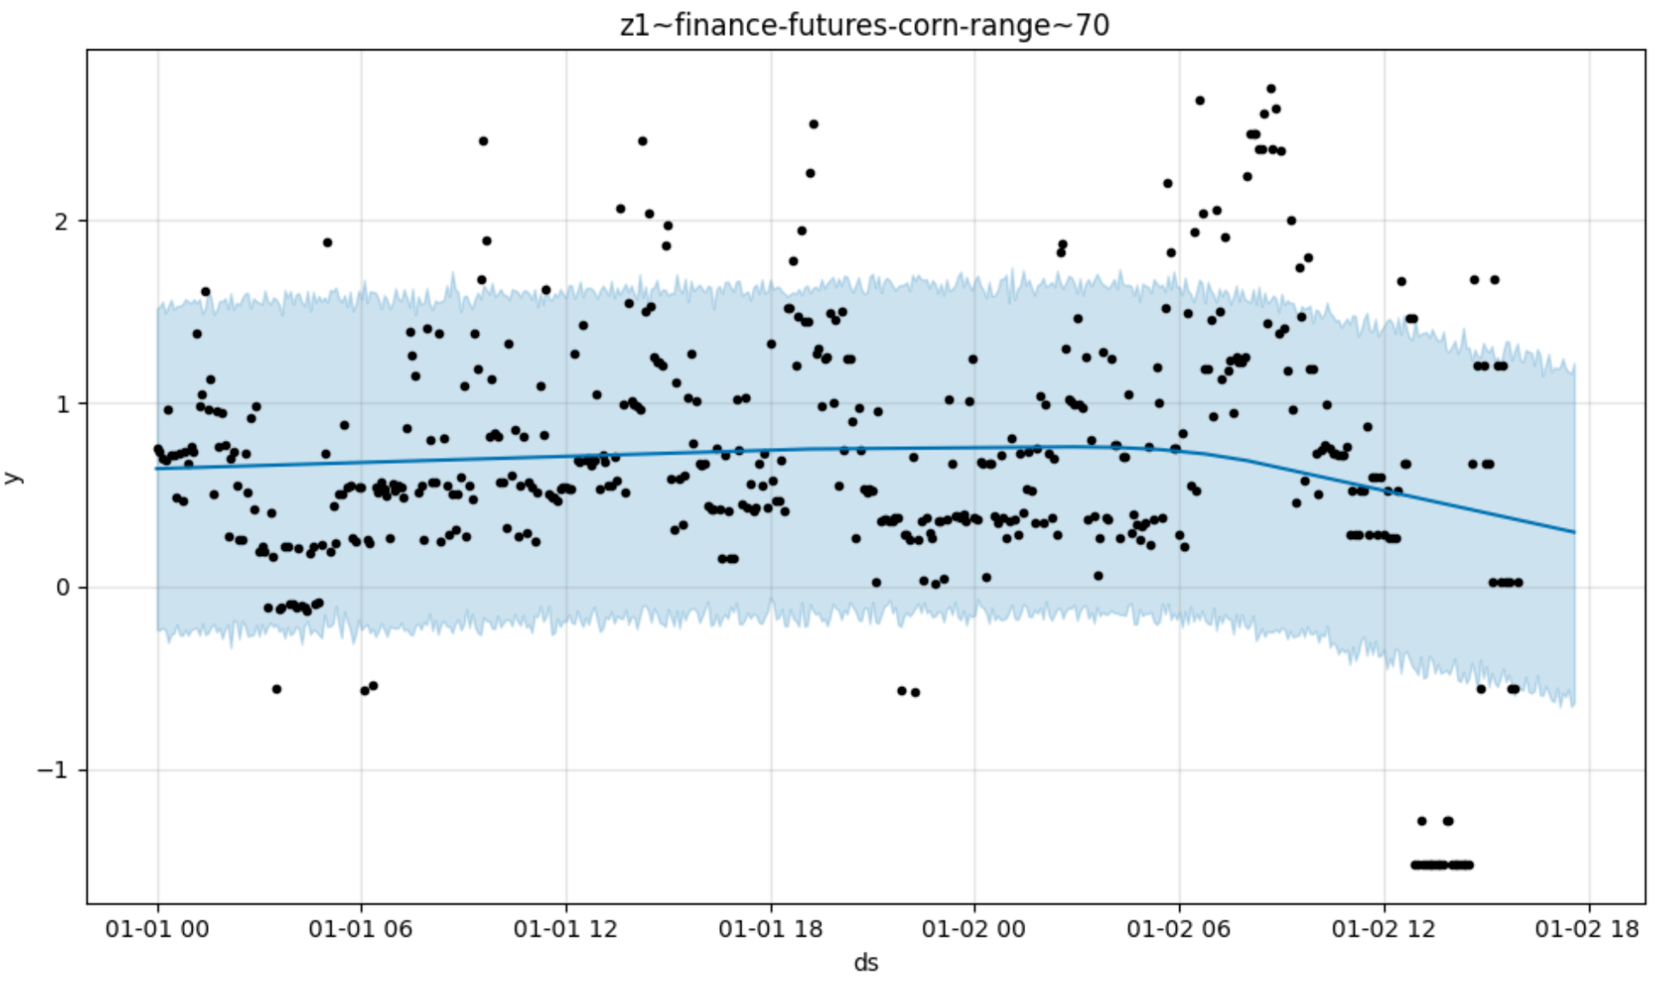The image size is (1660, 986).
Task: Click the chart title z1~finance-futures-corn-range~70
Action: pos(864,25)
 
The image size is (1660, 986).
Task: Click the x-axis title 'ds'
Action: pos(865,963)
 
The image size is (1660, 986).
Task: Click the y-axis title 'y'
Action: pos(13,478)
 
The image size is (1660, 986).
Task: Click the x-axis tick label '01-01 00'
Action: pos(157,929)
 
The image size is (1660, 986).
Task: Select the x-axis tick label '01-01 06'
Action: pos(360,929)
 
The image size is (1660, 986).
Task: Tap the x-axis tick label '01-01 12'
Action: pos(565,929)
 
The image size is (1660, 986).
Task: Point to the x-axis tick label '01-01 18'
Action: pos(770,929)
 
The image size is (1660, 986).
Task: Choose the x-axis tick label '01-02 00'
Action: pos(974,929)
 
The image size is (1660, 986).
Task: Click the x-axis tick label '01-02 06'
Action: pos(1178,929)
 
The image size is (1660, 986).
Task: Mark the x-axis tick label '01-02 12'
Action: pos(1383,929)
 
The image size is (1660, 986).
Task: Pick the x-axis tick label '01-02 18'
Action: pos(1588,929)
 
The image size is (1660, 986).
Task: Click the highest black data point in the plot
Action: pos(1270,89)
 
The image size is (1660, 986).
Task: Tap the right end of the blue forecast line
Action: pos(1574,532)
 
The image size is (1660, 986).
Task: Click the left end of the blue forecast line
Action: pos(157,469)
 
